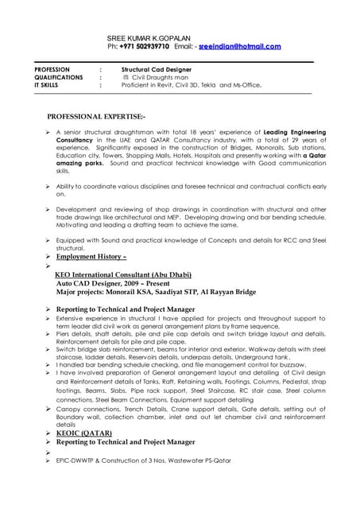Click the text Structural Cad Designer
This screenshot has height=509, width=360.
[x=158, y=70]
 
